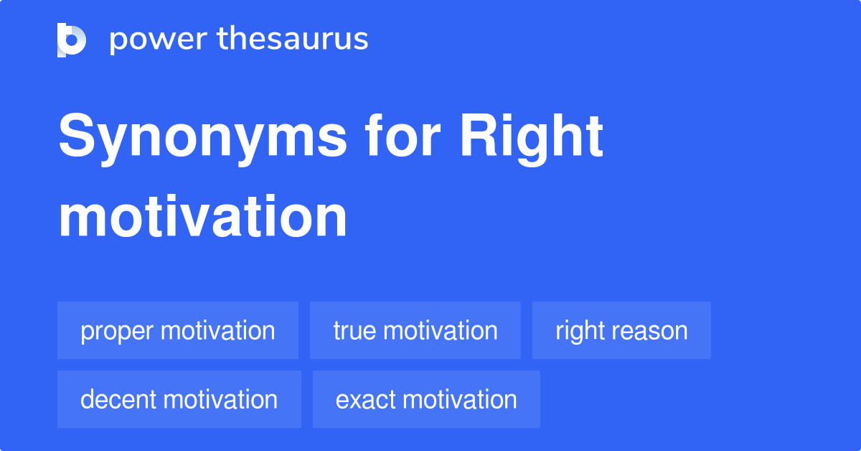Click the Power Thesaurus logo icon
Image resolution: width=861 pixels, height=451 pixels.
point(72,39)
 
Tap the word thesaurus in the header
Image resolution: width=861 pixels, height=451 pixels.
point(293,39)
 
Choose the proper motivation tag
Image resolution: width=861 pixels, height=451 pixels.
point(178,330)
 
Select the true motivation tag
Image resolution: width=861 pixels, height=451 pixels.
point(415,330)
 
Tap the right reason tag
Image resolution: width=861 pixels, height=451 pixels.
point(621,330)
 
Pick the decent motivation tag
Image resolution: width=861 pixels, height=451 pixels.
point(179,399)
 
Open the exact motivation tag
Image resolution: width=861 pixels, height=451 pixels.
point(426,399)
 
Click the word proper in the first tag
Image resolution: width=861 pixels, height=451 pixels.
point(117,332)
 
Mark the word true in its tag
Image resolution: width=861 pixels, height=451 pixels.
point(354,330)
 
